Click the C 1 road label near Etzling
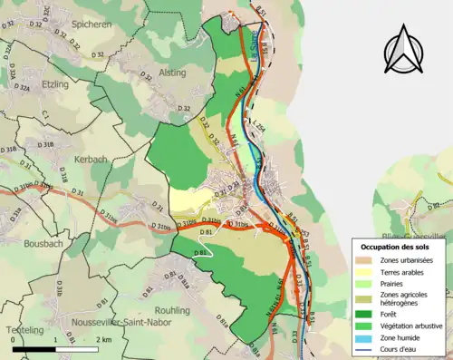click(44, 114)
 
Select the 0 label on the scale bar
click(14, 339)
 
